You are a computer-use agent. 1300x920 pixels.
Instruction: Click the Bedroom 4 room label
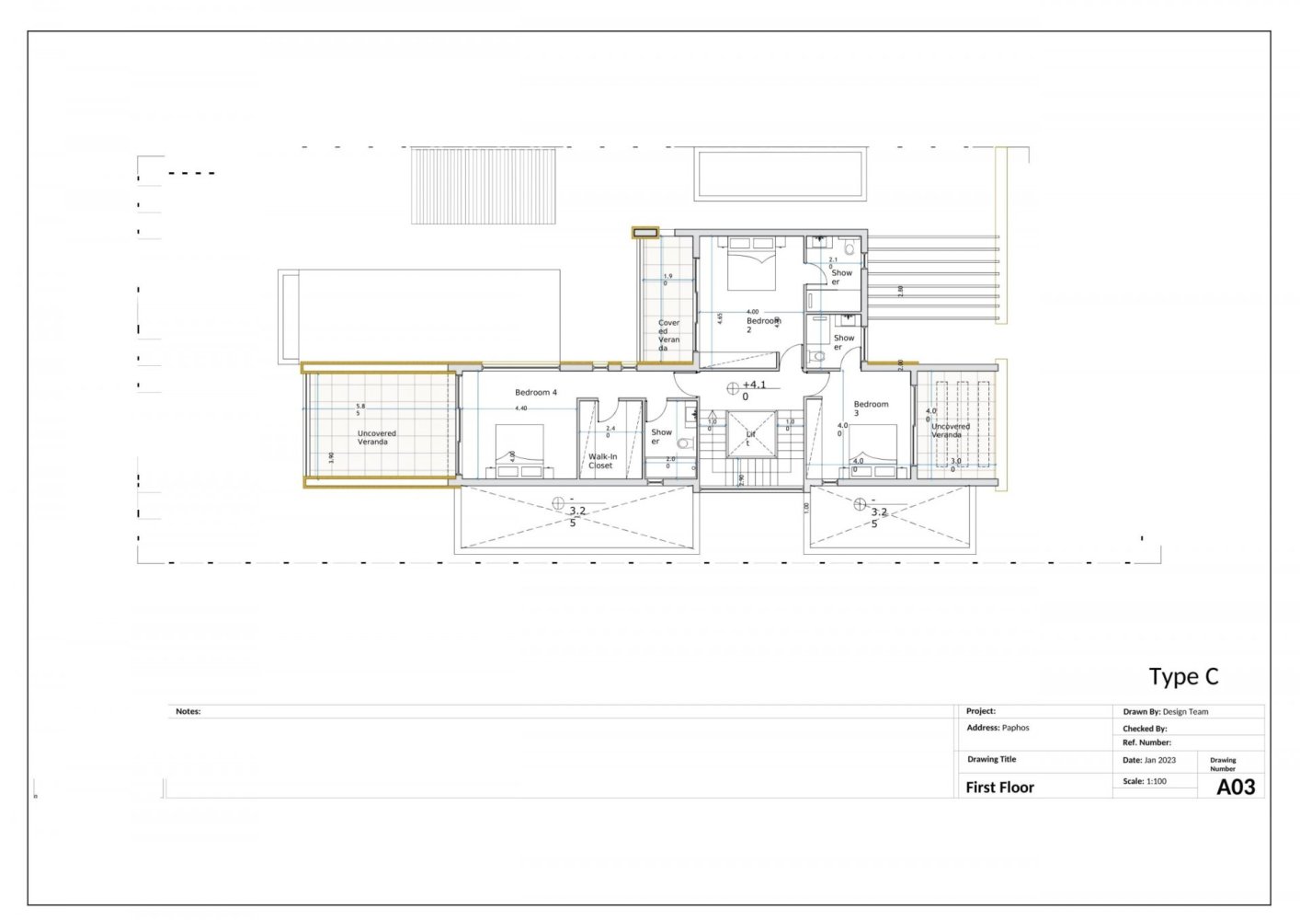536,393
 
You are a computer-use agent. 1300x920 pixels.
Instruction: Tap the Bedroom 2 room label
762,325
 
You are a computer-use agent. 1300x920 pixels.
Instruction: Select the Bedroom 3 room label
870,408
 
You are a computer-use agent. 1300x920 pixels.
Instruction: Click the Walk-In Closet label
602,461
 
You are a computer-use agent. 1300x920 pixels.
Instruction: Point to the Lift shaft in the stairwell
751,436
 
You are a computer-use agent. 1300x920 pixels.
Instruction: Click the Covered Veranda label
668,335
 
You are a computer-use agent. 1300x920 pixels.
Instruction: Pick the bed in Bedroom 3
872,450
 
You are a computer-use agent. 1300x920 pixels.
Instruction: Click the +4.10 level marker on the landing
753,390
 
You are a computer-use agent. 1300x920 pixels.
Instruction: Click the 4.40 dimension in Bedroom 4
521,408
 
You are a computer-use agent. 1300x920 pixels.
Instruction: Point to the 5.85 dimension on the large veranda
359,409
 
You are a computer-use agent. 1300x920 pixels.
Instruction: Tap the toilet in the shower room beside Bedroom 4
683,443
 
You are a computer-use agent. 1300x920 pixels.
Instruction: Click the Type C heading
1183,677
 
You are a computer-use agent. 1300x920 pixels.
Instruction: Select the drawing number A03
1235,787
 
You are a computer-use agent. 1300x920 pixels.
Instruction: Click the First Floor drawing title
999,788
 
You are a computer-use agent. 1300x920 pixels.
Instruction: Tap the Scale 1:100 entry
1145,781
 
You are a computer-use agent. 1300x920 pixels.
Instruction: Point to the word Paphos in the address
1015,728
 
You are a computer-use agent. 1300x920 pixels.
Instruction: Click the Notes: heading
188,711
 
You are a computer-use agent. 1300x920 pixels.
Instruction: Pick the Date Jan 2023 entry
1149,760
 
